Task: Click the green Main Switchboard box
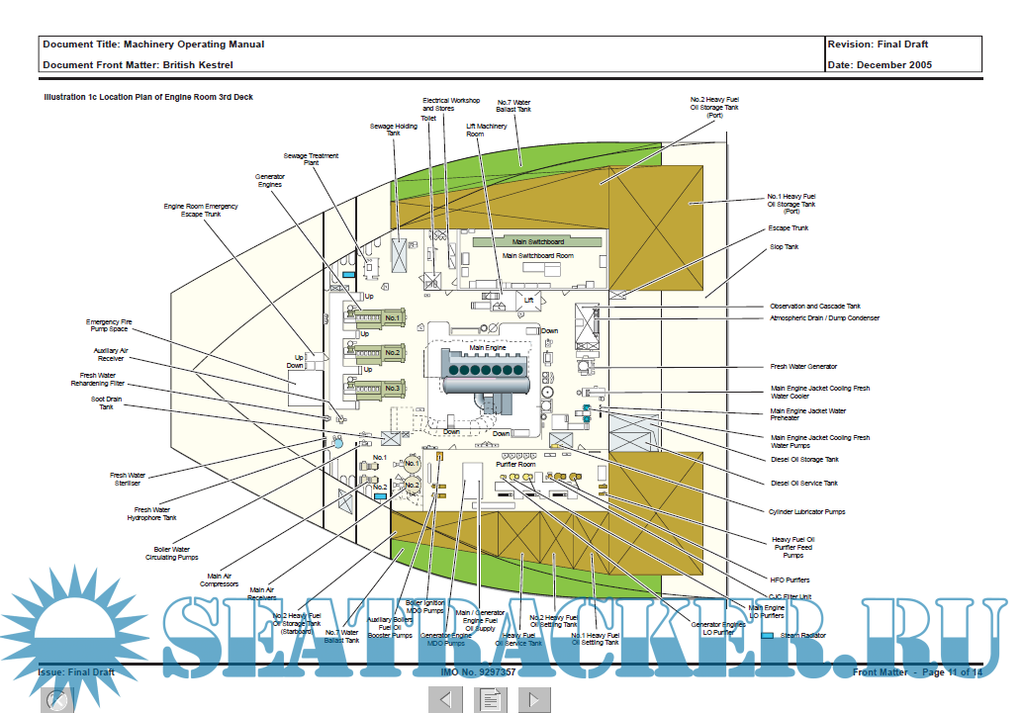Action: point(538,241)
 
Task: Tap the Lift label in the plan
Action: point(529,300)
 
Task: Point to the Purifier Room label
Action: point(514,464)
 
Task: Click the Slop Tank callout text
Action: point(784,246)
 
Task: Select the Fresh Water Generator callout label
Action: point(803,367)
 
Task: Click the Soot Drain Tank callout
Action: point(106,402)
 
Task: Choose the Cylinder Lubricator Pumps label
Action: point(807,511)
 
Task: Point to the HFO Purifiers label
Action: point(790,579)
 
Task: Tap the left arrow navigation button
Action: point(445,699)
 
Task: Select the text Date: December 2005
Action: point(879,65)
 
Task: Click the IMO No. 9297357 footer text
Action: point(478,672)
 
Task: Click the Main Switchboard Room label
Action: point(537,256)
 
